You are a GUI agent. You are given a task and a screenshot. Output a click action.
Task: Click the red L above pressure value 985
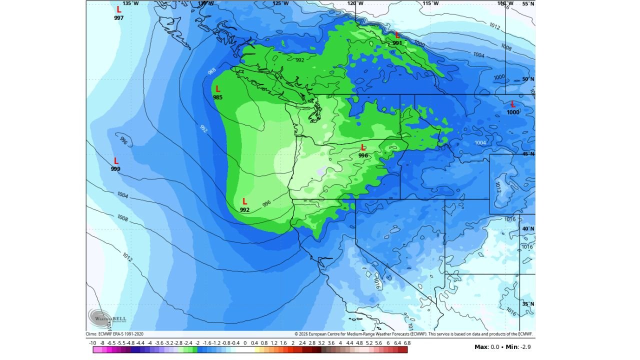pos(217,89)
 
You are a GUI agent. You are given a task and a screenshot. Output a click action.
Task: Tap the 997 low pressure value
pos(118,18)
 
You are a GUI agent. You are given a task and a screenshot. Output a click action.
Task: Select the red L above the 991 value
pos(397,35)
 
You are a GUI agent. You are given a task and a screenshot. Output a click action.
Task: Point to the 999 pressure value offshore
pos(115,169)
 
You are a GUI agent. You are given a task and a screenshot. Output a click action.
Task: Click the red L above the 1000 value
pos(512,104)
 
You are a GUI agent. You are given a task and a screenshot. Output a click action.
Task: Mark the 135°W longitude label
pos(129,3)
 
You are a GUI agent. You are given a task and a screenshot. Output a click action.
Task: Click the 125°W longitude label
pos(280,3)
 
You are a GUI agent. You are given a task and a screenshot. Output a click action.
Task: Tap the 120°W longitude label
pos(355,3)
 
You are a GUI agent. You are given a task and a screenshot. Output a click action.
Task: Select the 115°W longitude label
pos(430,3)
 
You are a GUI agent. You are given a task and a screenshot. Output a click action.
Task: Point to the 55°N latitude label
pos(528,4)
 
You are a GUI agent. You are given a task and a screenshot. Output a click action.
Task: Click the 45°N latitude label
pos(528,154)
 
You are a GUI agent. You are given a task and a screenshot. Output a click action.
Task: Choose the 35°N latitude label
pos(528,304)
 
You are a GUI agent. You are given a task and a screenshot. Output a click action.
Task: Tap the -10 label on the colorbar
pos(92,343)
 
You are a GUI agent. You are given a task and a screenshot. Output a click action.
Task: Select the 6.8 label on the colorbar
pos(406,343)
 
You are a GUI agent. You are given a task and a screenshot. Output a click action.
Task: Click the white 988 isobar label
pos(211,71)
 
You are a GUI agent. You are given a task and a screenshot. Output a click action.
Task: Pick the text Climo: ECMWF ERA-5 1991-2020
pos(118,334)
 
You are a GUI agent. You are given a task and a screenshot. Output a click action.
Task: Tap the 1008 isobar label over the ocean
pos(122,218)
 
